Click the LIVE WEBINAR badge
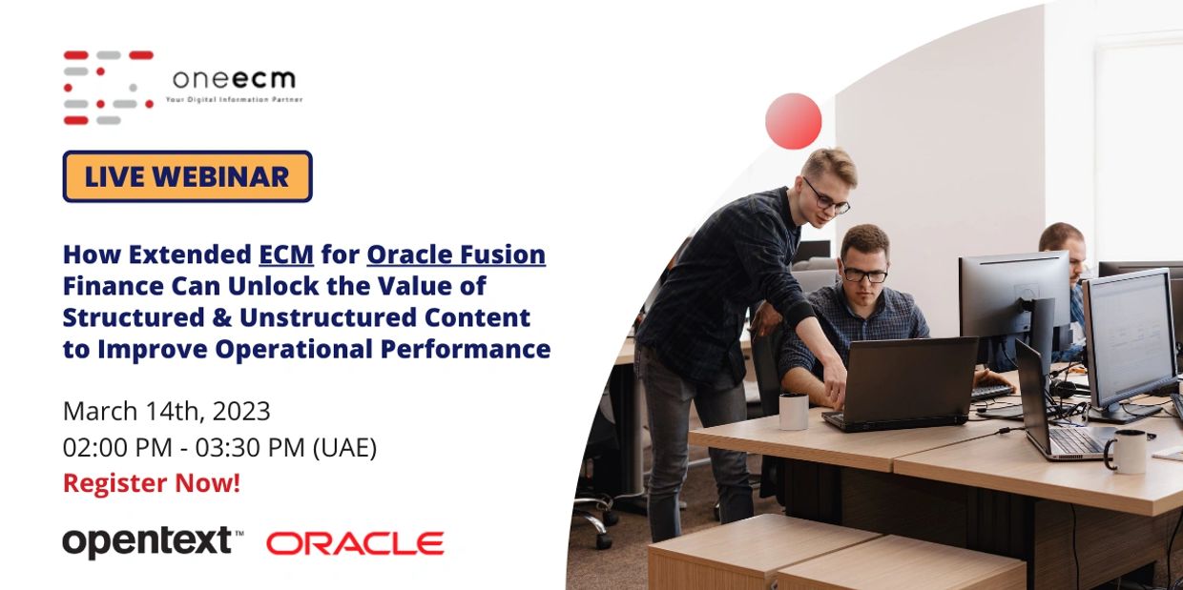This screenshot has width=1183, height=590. coord(187,176)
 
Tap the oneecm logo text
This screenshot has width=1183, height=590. coord(234,80)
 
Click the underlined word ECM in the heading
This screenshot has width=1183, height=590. coord(286,254)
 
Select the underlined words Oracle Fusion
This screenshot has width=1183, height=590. coord(456,254)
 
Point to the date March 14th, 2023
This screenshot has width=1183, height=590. coord(166,411)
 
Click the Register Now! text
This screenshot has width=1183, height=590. coord(152,483)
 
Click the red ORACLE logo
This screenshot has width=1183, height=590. coord(355,543)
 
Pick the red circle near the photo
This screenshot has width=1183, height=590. coord(793,121)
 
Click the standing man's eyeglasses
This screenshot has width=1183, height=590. coord(826,198)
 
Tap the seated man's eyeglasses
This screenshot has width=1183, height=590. coord(864,275)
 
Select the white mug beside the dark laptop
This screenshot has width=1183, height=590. coord(793,411)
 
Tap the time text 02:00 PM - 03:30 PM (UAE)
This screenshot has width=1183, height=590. coord(219,447)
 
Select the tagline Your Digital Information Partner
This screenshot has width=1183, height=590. coord(234,99)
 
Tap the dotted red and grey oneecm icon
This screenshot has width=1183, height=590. coord(108,87)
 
